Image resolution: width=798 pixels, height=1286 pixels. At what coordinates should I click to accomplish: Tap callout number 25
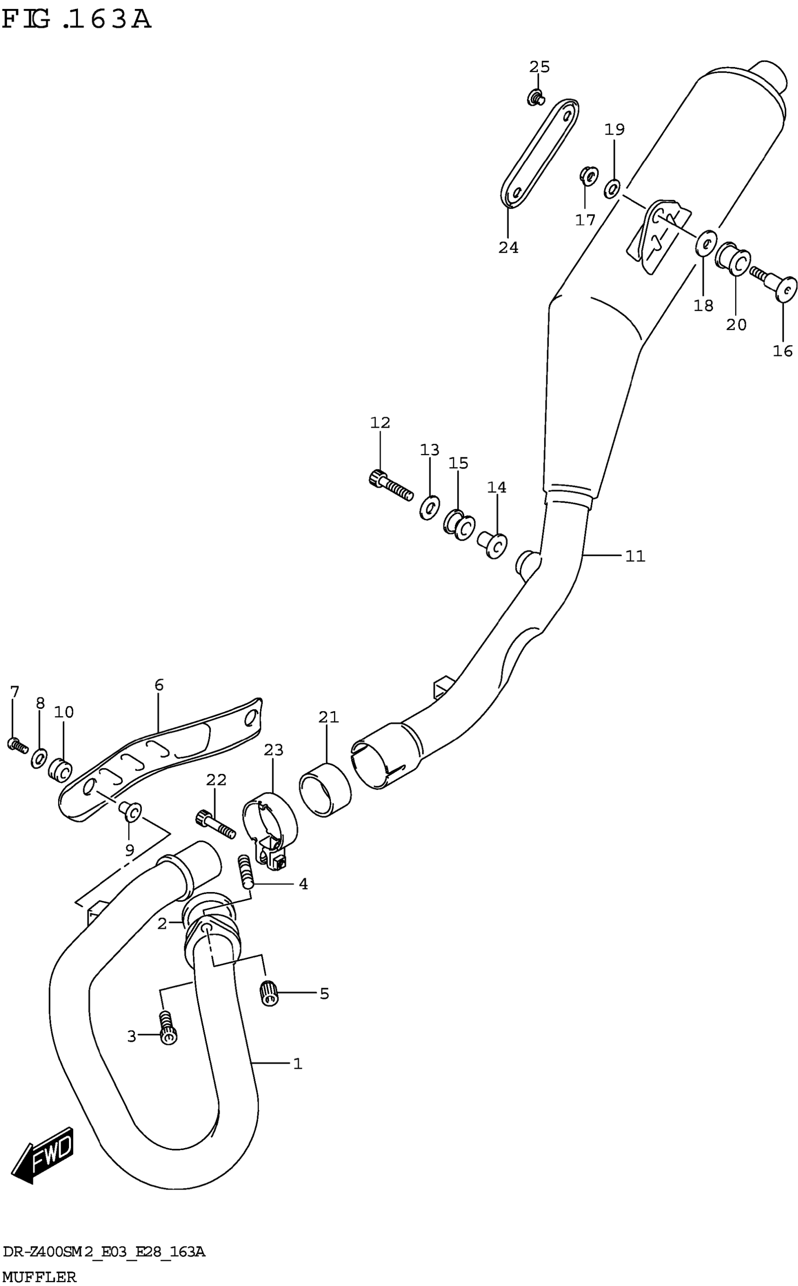click(539, 67)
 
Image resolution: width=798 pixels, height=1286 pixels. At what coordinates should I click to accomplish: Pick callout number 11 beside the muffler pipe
click(635, 556)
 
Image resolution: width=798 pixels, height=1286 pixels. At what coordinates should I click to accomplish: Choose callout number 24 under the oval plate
click(508, 247)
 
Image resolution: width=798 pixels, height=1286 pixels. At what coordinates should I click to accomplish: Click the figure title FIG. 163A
click(77, 20)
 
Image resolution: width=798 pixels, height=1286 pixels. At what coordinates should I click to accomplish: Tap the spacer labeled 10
click(60, 771)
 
